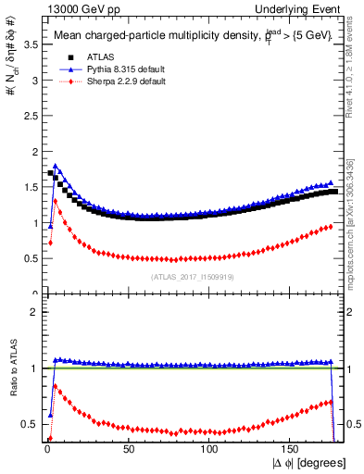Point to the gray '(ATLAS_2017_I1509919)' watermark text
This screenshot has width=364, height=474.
[192, 276]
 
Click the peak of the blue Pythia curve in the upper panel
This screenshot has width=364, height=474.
[56, 166]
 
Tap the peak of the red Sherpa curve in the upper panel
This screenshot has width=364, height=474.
[56, 200]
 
